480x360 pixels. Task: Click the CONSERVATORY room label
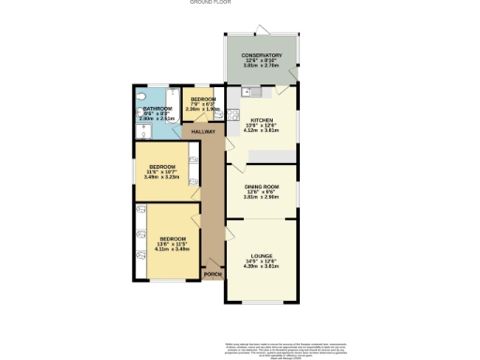pyautogui.click(x=262, y=55)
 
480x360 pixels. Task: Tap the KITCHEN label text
pyautogui.click(x=262, y=119)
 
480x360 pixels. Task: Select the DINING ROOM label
pyautogui.click(x=262, y=187)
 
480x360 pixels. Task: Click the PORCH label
pyautogui.click(x=214, y=275)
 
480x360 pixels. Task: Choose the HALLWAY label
pyautogui.click(x=203, y=132)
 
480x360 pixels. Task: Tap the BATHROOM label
pyautogui.click(x=157, y=109)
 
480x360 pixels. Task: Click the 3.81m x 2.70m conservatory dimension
pyautogui.click(x=262, y=67)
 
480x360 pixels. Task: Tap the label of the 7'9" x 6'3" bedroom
pyautogui.click(x=203, y=98)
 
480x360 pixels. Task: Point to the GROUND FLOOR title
pyautogui.click(x=210, y=3)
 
